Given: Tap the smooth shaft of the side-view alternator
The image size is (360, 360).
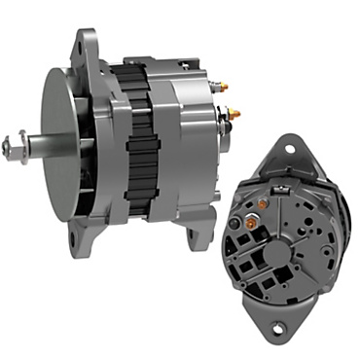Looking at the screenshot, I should (x=37, y=148).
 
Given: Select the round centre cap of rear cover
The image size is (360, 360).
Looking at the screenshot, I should (x=278, y=252).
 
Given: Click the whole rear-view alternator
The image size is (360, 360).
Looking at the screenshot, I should (x=282, y=243).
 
